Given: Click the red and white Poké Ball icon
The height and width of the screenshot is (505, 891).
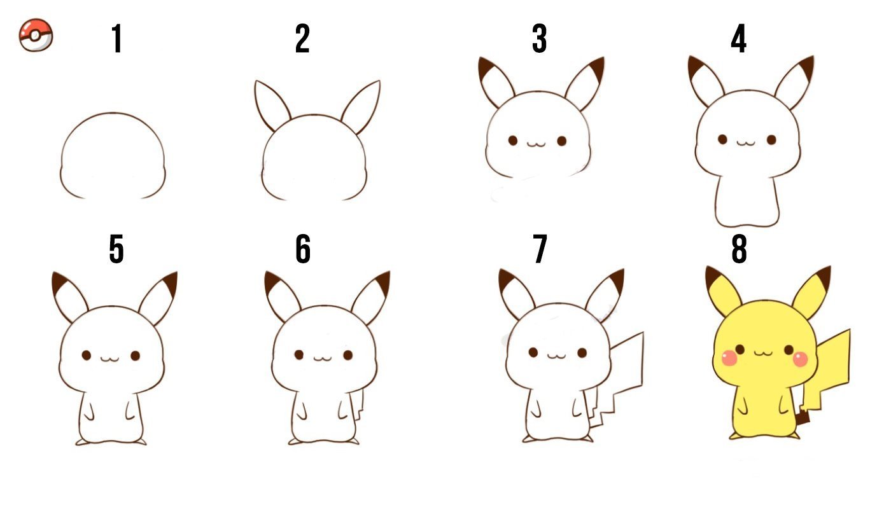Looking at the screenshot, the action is click(x=36, y=35).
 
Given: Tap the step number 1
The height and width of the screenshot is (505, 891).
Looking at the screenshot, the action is click(x=116, y=38).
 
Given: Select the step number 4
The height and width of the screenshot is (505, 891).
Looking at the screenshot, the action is click(x=739, y=38).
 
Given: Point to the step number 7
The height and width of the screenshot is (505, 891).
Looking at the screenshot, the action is click(x=540, y=249).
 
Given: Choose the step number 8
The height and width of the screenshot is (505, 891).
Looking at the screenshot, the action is click(x=739, y=249).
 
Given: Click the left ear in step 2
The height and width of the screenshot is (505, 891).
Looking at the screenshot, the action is click(x=272, y=106).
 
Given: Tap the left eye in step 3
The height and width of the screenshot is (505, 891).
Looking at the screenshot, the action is click(x=513, y=141).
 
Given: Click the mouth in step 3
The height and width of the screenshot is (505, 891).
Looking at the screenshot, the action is click(x=536, y=144).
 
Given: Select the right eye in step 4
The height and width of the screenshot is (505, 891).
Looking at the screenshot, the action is click(x=771, y=139).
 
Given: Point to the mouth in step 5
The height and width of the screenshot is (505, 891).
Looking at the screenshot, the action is click(x=109, y=359).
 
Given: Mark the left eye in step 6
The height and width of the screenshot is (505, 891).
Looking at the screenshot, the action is click(x=299, y=355).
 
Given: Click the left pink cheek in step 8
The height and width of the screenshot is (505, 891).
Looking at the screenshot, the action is click(x=730, y=357).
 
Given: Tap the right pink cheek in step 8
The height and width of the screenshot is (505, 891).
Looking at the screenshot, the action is click(x=800, y=359).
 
